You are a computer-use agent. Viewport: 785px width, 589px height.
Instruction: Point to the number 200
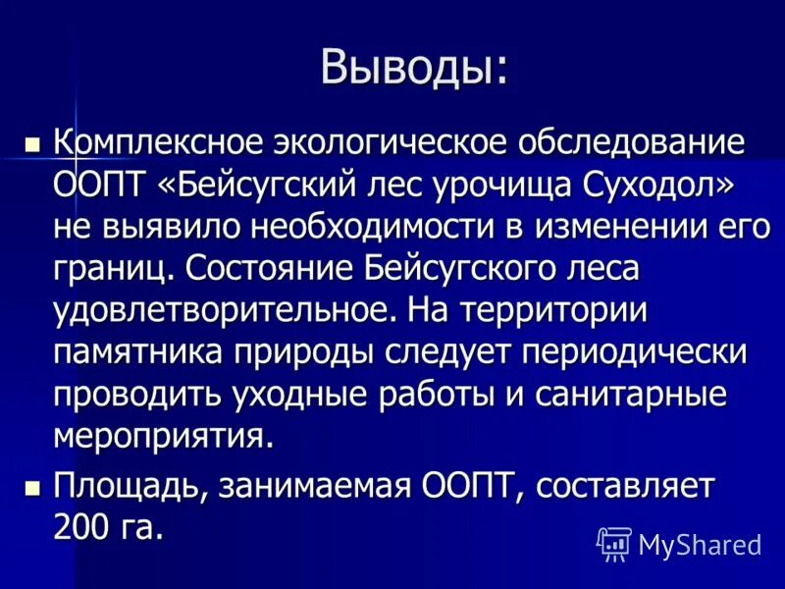coord(82,527)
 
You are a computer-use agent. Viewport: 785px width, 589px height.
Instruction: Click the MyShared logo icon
coord(613,543)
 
